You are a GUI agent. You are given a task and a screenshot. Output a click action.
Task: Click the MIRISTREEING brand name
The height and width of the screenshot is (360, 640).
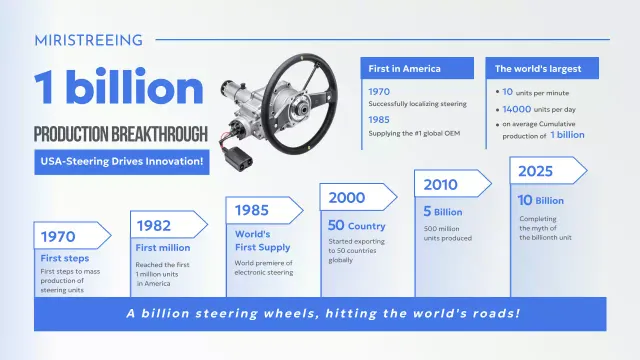pyautogui.click(x=88, y=40)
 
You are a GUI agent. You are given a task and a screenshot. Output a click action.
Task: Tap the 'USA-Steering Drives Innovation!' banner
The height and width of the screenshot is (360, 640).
pyautogui.click(x=121, y=160)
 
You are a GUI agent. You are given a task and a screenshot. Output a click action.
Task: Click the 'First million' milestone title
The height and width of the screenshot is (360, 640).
pyautogui.click(x=163, y=246)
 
